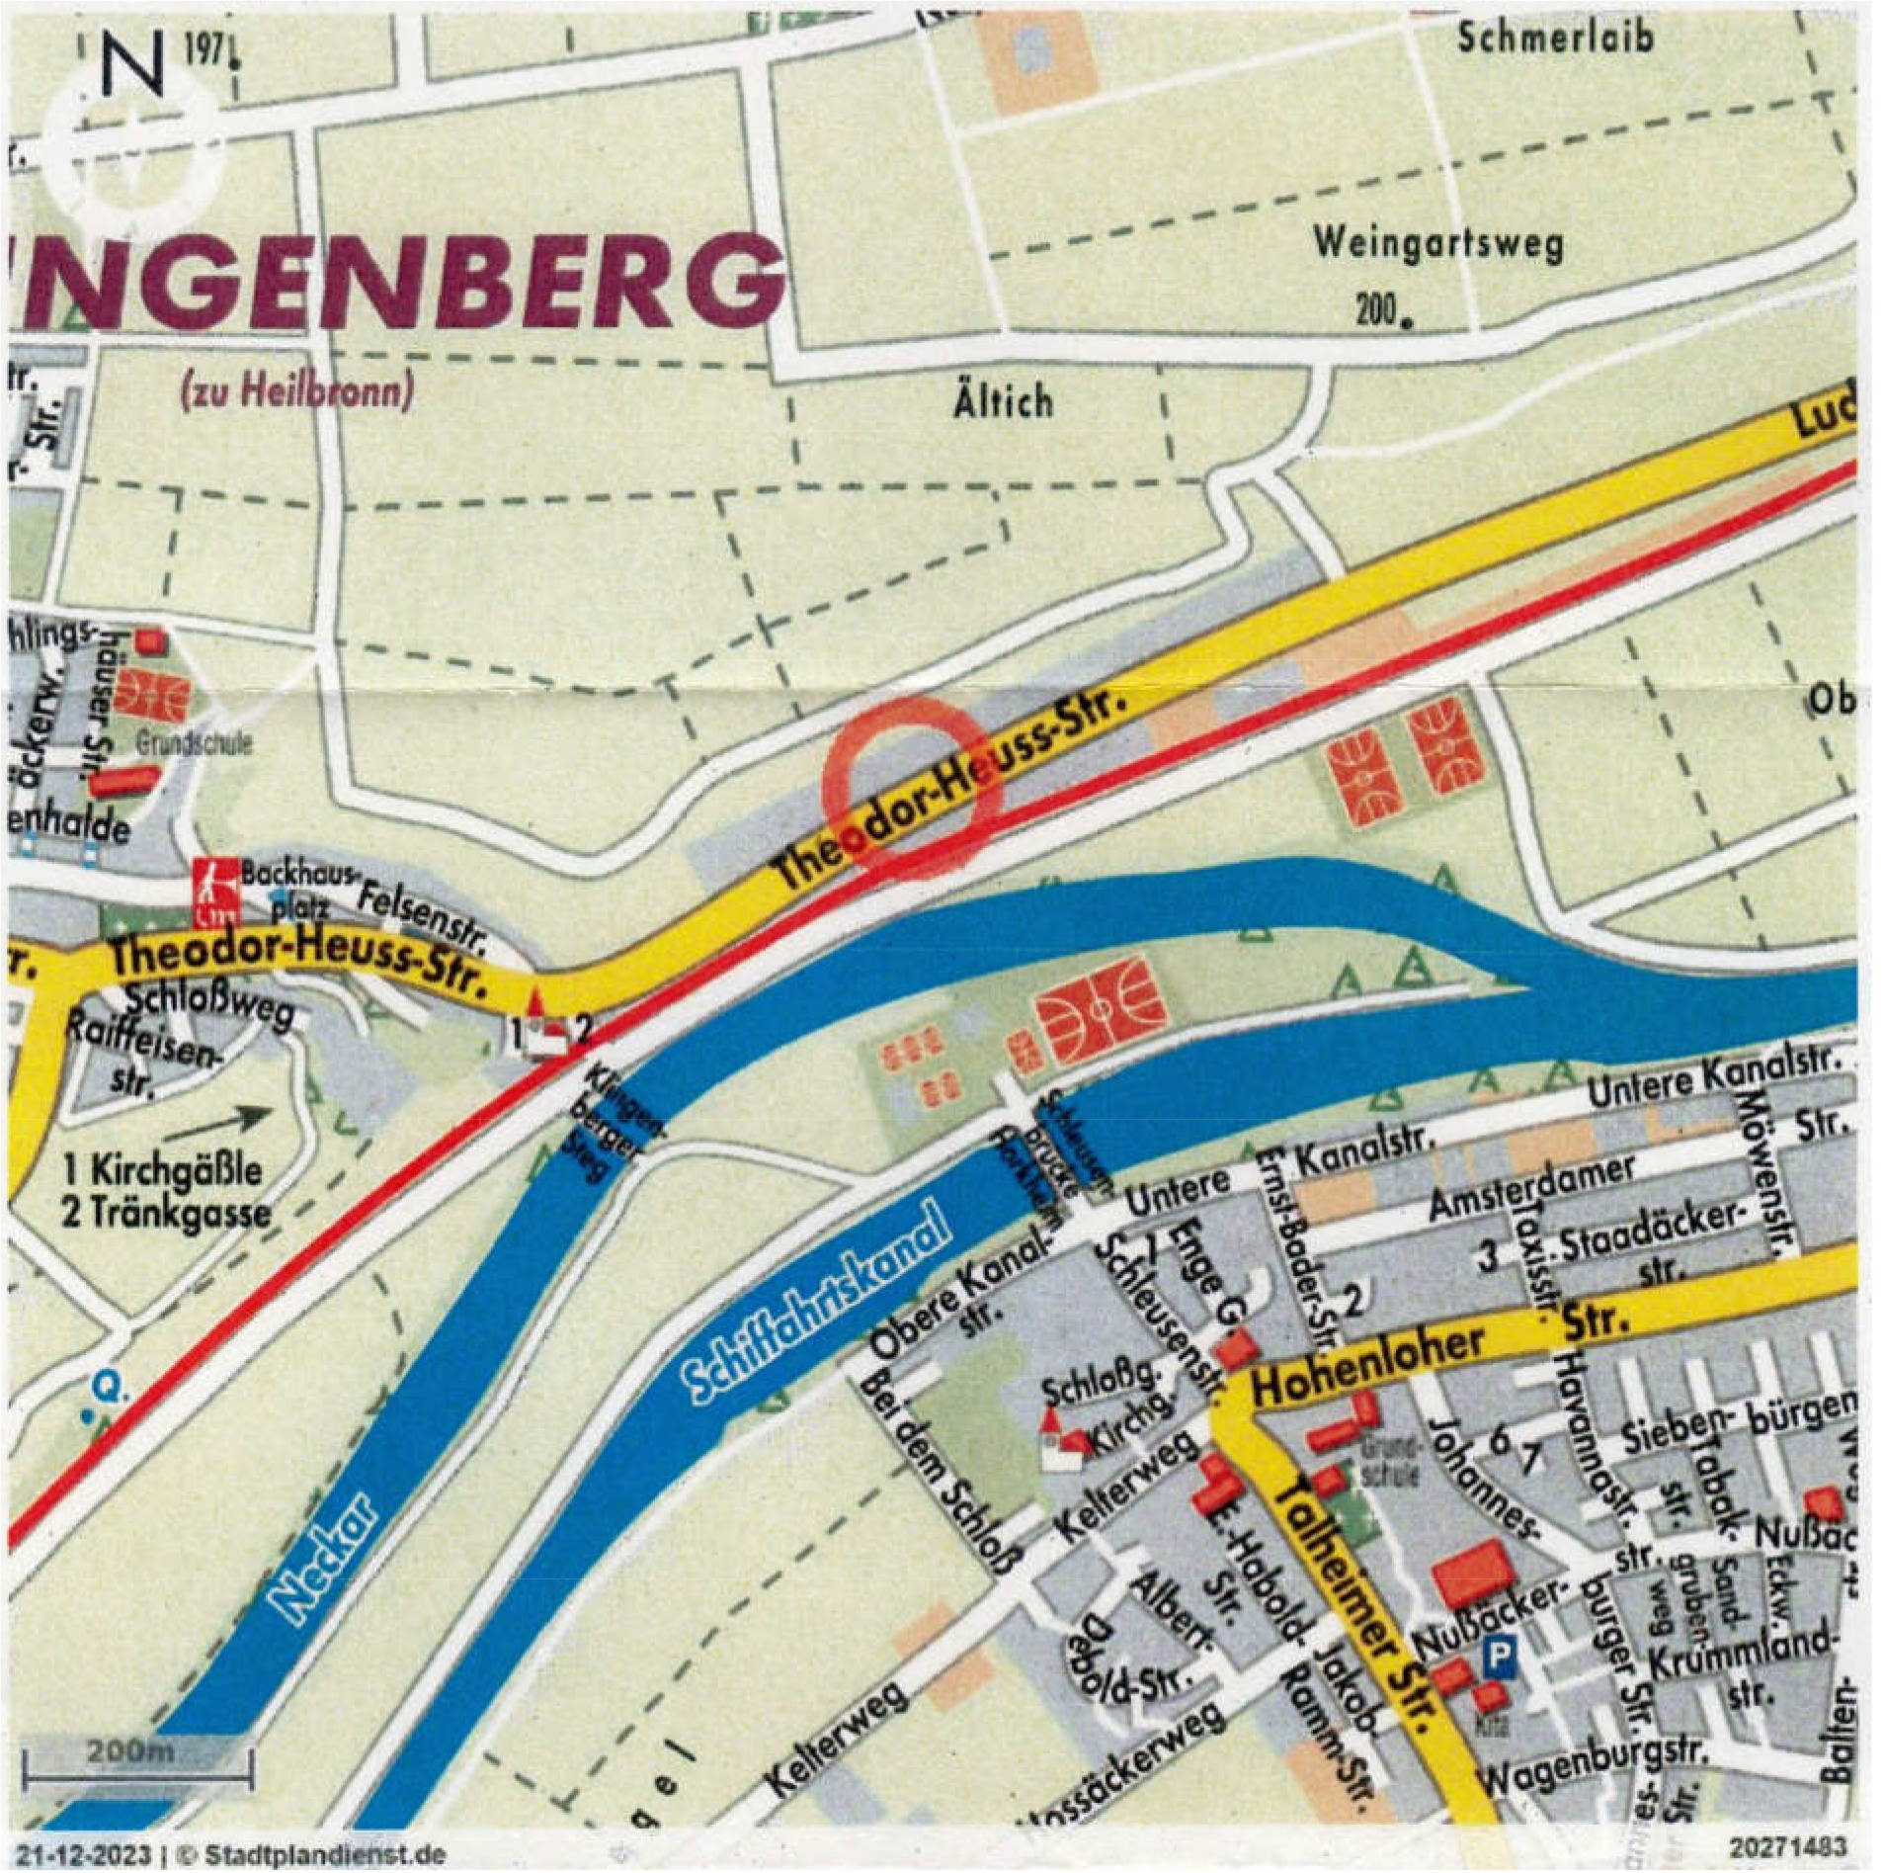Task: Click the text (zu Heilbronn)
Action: pos(294,393)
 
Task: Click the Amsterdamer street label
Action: pos(1532,1186)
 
